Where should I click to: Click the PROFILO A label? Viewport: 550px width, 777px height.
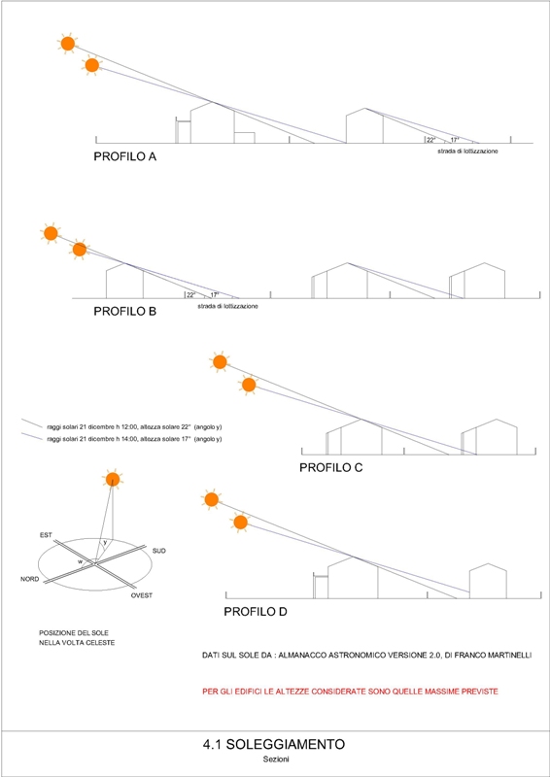point(125,157)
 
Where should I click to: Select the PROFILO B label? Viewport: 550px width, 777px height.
point(125,312)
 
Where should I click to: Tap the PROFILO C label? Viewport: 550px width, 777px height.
point(331,467)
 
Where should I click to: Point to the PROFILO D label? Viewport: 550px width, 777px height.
point(256,612)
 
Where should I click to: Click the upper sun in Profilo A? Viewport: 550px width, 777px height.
point(68,44)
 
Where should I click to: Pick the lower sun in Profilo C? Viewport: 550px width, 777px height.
point(249,385)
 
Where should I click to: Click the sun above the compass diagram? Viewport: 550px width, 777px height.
point(113,479)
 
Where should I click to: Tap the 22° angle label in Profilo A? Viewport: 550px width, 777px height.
point(431,140)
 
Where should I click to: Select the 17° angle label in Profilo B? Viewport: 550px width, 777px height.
point(215,295)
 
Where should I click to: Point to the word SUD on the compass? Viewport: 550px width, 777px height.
point(159,551)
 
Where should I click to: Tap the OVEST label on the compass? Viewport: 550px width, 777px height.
point(142,595)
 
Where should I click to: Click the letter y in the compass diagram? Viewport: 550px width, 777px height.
point(105,543)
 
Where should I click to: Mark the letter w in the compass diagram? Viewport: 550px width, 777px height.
point(80,561)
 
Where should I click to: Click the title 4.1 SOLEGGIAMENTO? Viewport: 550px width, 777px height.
point(273,744)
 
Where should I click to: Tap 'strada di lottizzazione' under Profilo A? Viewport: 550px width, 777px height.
point(467,151)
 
